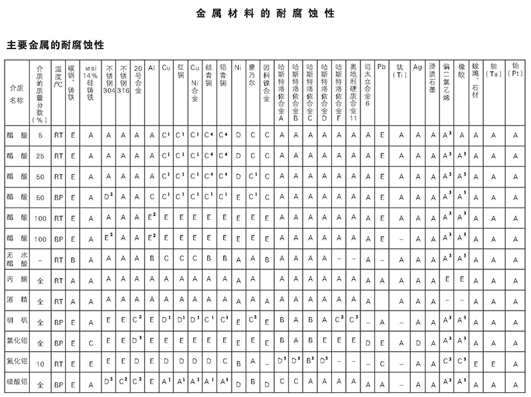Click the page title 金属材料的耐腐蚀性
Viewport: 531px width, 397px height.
pyautogui.click(x=265, y=13)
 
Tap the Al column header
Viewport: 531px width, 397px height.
pyautogui.click(x=152, y=67)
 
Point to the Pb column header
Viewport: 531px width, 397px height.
pyautogui.click(x=382, y=67)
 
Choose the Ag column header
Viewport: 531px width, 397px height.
pyautogui.click(x=417, y=67)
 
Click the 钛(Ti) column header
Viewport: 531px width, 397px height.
pyautogui.click(x=400, y=71)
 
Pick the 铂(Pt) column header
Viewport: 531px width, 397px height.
pyautogui.click(x=516, y=70)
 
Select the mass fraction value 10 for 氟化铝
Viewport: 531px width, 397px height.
pyautogui.click(x=40, y=363)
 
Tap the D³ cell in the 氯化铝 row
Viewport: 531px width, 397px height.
pyautogui.click(x=137, y=342)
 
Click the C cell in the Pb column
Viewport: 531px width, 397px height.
pyautogui.click(x=382, y=363)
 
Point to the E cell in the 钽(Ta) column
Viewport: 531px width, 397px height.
pyautogui.click(x=493, y=363)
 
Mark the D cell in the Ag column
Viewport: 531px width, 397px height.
pyautogui.click(x=417, y=342)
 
